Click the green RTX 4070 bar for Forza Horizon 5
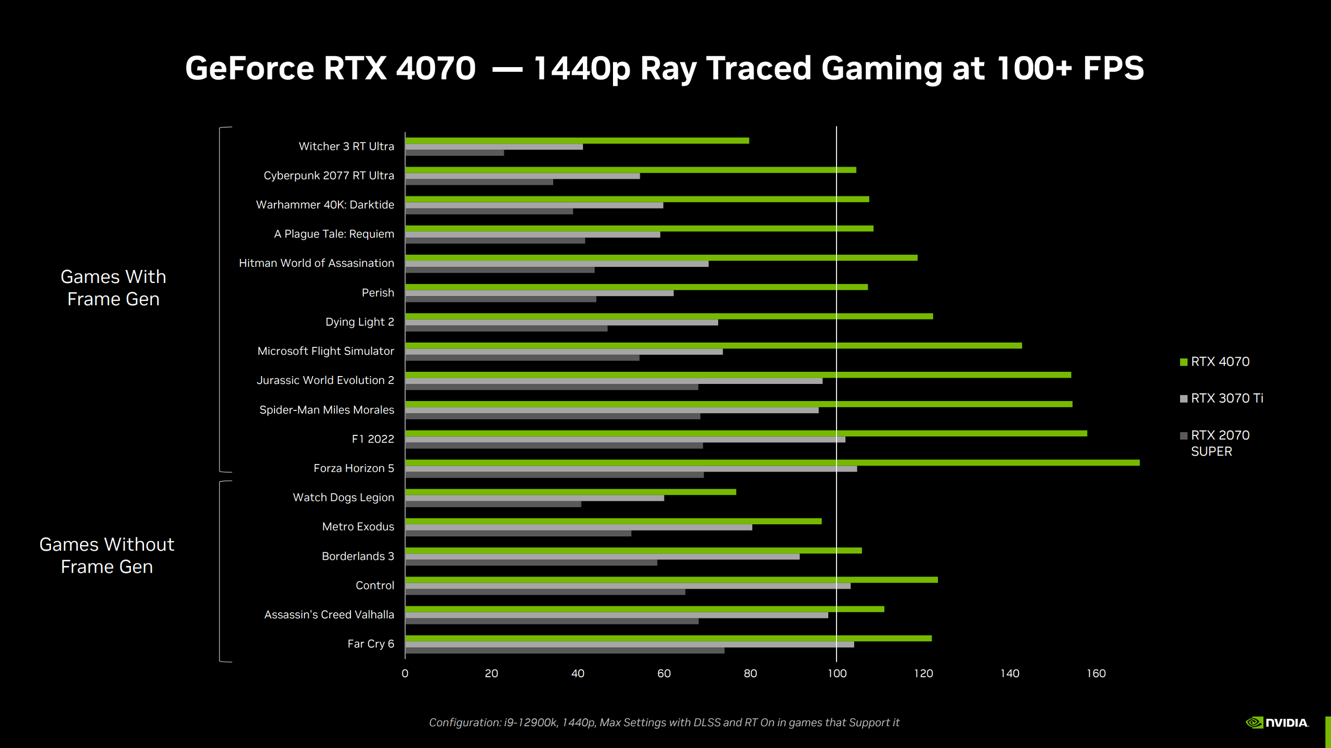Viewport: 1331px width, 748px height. pyautogui.click(x=772, y=462)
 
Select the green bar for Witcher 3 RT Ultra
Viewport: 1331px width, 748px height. pyautogui.click(x=577, y=140)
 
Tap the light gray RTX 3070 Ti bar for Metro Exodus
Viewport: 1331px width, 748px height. pyautogui.click(x=578, y=527)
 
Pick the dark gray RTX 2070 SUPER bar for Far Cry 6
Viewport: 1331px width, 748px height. pyautogui.click(x=565, y=650)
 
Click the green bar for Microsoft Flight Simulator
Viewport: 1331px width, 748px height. pyautogui.click(x=713, y=345)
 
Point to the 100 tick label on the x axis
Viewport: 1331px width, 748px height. pyautogui.click(x=837, y=674)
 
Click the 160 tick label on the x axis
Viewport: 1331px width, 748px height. pyautogui.click(x=1096, y=674)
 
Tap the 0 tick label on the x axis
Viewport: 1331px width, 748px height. pyautogui.click(x=405, y=674)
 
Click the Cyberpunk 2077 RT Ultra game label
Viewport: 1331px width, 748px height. pyautogui.click(x=329, y=176)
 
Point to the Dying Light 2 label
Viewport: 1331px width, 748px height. pyautogui.click(x=359, y=322)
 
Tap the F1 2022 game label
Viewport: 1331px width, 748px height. pyautogui.click(x=373, y=439)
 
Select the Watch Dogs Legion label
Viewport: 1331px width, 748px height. pyautogui.click(x=343, y=498)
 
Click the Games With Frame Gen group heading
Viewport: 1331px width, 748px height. pyautogui.click(x=113, y=288)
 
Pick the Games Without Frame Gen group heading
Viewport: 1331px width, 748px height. pyautogui.click(x=107, y=556)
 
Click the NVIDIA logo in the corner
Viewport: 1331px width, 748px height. pyautogui.click(x=1277, y=723)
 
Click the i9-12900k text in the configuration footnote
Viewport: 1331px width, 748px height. pyautogui.click(x=530, y=723)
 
